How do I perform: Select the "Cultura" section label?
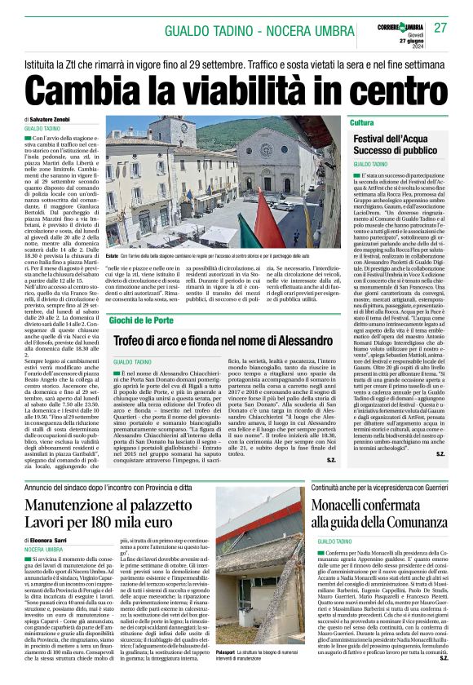[362, 122]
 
